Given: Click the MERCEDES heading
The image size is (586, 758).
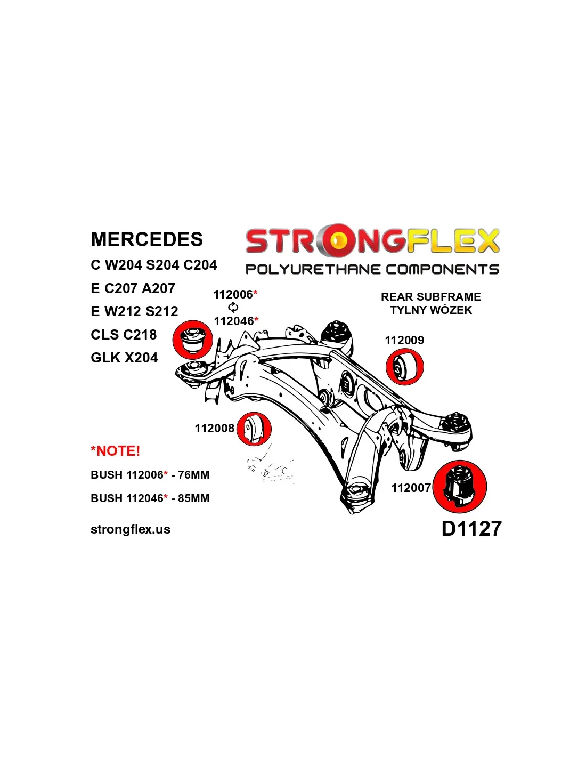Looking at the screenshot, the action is point(146,239).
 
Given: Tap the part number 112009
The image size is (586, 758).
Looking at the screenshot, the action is point(404,340).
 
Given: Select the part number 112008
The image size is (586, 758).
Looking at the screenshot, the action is point(214,428).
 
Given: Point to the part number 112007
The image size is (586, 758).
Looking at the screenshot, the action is point(411,488).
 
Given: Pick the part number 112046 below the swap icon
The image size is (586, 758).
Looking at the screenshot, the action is point(233,321).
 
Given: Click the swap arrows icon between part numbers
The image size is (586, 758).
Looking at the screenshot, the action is point(233,308).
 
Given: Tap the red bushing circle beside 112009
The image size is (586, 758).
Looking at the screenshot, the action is point(405,367).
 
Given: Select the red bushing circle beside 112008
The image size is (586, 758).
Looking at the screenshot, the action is point(254,429).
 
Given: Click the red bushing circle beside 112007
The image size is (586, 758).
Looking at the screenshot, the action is point(459,486).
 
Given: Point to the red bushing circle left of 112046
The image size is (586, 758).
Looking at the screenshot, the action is point(193,340).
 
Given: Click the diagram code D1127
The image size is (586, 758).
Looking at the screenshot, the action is point(471,528).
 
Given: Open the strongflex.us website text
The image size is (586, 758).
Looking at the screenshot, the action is point(131,529).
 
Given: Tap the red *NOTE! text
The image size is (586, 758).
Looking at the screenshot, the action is point(116,451).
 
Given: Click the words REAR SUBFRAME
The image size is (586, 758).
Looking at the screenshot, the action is point(430,297).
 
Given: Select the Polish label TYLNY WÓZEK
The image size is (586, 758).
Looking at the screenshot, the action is point(431,310).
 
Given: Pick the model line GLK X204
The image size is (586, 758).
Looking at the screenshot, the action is point(124,358).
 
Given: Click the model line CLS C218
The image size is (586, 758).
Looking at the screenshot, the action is point(124,335).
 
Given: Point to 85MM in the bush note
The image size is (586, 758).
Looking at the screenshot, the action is point(193,498).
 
